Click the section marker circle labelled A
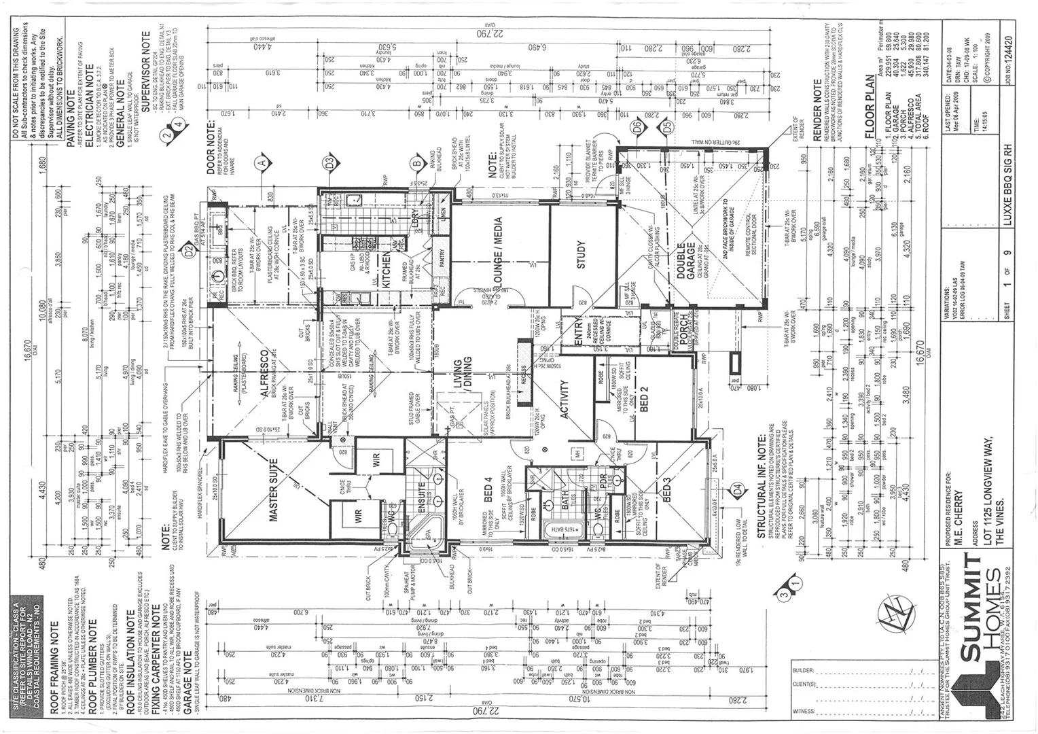[x=259, y=162]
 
